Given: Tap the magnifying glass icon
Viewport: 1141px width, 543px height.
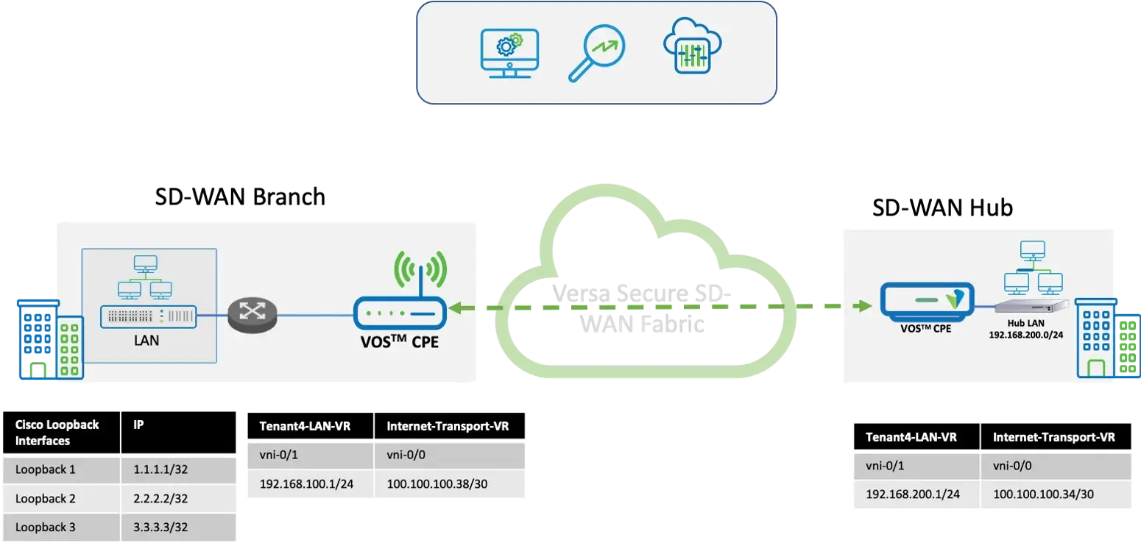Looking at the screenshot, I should pos(596,54).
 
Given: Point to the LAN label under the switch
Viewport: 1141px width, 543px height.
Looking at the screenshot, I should pos(147,341).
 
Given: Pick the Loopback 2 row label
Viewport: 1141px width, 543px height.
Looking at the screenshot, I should pos(46,498).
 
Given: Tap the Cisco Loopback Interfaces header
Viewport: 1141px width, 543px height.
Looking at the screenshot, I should pos(57,433).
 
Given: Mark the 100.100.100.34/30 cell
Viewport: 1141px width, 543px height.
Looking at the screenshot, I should pos(1039,494).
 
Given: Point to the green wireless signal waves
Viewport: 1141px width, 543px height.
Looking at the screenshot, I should pos(421,271).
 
